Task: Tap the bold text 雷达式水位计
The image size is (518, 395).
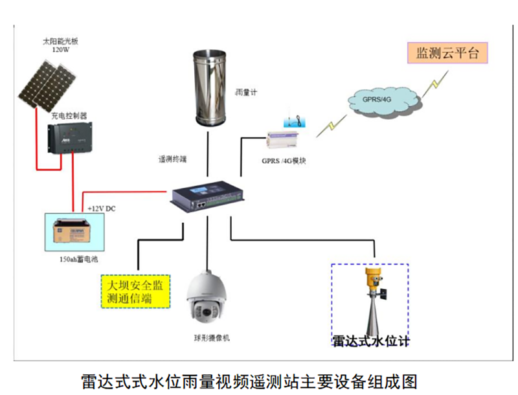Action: pos(371,341)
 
